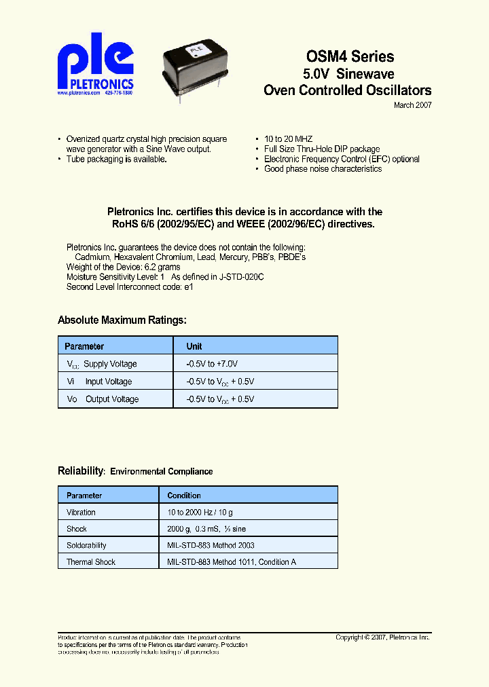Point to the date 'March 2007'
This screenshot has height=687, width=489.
tap(412, 105)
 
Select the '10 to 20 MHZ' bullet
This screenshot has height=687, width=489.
tap(288, 138)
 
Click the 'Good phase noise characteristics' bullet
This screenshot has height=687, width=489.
tap(323, 169)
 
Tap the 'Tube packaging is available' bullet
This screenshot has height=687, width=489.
tap(116, 159)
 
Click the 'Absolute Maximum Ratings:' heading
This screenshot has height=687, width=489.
tap(122, 320)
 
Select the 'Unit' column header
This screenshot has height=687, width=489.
tap(194, 346)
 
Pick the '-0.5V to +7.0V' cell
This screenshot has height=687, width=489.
tap(212, 364)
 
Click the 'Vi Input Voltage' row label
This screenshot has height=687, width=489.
tap(99, 382)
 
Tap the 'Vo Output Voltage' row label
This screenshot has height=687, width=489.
tap(103, 399)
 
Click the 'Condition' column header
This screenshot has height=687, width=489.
tap(184, 496)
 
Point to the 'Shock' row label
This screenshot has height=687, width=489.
tap(77, 529)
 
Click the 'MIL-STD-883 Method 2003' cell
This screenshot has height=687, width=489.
tap(211, 545)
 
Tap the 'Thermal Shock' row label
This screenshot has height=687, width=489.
tap(91, 562)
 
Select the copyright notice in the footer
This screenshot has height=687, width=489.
tap(383, 637)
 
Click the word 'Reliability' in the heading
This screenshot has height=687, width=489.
tap(80, 470)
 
